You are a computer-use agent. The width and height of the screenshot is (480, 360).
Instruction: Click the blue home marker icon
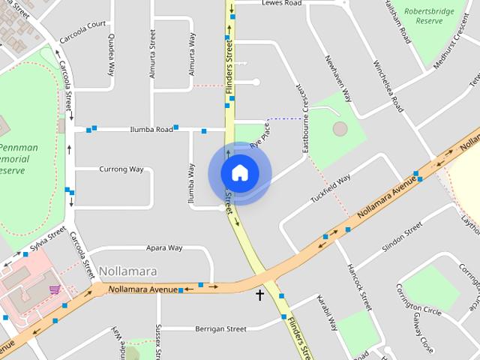[x=239, y=172]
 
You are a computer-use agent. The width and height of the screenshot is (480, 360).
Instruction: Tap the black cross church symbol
[x=260, y=295]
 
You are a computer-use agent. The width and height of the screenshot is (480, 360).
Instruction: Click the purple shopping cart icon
[x=54, y=289]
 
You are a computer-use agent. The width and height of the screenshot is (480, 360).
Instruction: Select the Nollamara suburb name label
[x=125, y=271]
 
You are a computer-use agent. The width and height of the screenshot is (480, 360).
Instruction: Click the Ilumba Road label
[x=151, y=129]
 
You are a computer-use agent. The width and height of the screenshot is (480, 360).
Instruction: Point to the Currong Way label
[x=121, y=169]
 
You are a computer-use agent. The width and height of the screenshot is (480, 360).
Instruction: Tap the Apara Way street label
[x=164, y=247]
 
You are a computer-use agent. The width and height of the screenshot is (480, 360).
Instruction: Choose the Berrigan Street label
[x=199, y=328]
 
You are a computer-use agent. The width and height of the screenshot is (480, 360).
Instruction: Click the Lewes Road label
[x=281, y=4]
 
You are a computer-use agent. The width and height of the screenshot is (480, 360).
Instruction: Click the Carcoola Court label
[x=83, y=29]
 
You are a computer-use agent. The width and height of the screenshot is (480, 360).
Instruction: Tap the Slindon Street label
[x=402, y=239]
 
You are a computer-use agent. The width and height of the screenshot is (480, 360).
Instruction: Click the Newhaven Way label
[x=337, y=78]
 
